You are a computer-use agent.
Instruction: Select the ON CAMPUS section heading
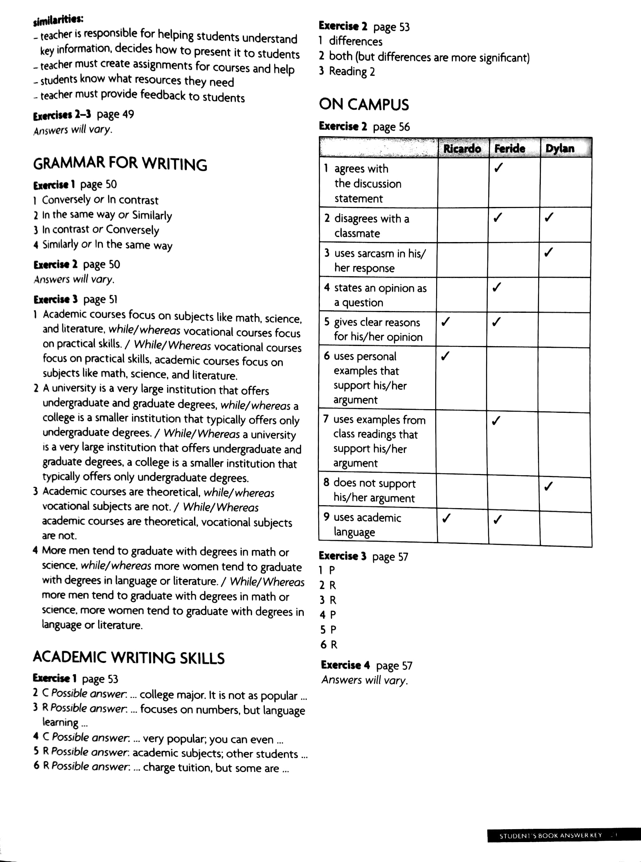coord(363,105)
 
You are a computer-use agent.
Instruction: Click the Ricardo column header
coord(462,149)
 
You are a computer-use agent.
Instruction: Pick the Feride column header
coord(510,149)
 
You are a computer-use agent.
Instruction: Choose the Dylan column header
coord(559,149)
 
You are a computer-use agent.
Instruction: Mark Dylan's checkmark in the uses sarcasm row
coord(548,252)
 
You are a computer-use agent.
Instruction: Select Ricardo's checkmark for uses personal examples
coord(445,356)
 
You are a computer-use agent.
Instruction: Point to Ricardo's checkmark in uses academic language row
coord(446,518)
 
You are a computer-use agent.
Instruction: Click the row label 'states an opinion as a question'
coord(375,295)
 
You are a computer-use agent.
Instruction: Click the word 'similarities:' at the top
coord(58,21)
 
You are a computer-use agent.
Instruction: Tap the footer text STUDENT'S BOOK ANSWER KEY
coord(550,836)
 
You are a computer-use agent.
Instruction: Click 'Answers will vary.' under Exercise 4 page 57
coord(364,680)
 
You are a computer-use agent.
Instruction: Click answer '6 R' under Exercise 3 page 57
coord(329,645)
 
